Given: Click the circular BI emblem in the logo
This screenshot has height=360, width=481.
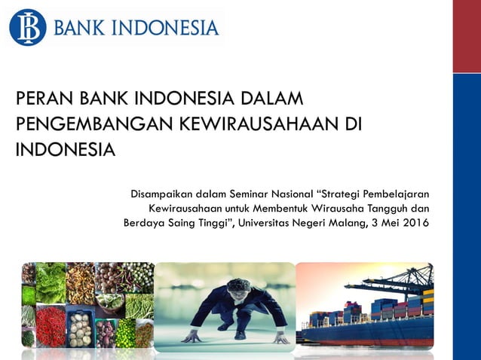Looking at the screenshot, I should tap(28, 28).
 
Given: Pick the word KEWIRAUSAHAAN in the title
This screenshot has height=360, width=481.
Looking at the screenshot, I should tap(256, 124).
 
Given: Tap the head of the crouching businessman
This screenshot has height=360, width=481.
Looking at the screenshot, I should tap(238, 285).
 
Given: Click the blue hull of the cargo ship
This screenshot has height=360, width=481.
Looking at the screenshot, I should tap(362, 331).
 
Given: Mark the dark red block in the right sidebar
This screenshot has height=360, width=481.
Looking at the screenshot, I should tap(467, 35).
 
